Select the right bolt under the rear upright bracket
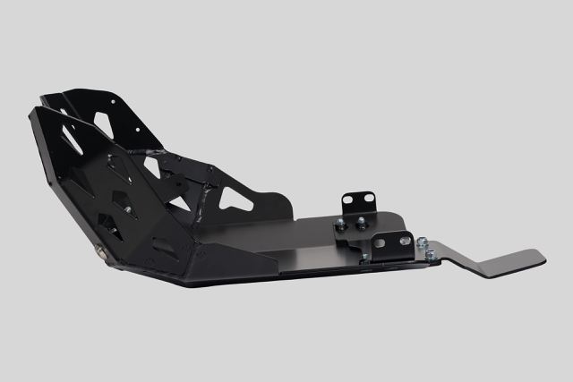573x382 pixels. [361, 223]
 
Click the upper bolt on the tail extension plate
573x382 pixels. [422, 242]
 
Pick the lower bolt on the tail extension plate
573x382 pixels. [430, 256]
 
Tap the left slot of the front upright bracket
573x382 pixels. [380, 243]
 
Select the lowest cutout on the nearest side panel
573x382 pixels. [165, 242]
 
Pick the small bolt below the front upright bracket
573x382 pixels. [364, 257]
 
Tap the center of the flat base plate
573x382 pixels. [295, 242]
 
